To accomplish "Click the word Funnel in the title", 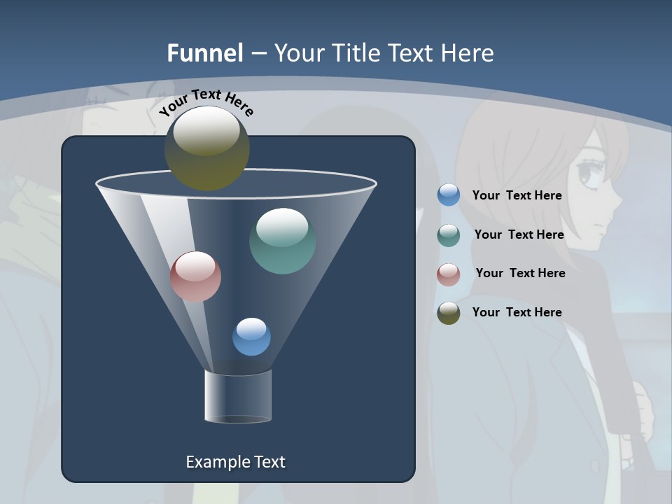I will pyautogui.click(x=205, y=53).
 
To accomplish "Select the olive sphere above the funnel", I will pyautogui.click(x=207, y=148).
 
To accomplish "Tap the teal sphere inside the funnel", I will pyautogui.click(x=282, y=241).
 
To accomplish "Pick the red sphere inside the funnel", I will pyautogui.click(x=195, y=276).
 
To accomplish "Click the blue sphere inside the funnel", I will pyautogui.click(x=251, y=337).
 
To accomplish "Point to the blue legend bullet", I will pyautogui.click(x=449, y=195).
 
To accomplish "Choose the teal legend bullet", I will pyautogui.click(x=449, y=235).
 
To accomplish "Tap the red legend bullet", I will pyautogui.click(x=449, y=274).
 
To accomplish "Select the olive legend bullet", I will pyautogui.click(x=449, y=313).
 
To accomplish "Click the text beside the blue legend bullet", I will pyautogui.click(x=517, y=196).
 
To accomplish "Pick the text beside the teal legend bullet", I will pyautogui.click(x=519, y=234).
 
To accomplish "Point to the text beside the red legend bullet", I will pyautogui.click(x=520, y=273).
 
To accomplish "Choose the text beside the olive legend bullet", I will pyautogui.click(x=517, y=312).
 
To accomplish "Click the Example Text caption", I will pyautogui.click(x=235, y=462).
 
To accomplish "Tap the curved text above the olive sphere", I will pyautogui.click(x=206, y=103).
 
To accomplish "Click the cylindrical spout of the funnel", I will pyautogui.click(x=238, y=396).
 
